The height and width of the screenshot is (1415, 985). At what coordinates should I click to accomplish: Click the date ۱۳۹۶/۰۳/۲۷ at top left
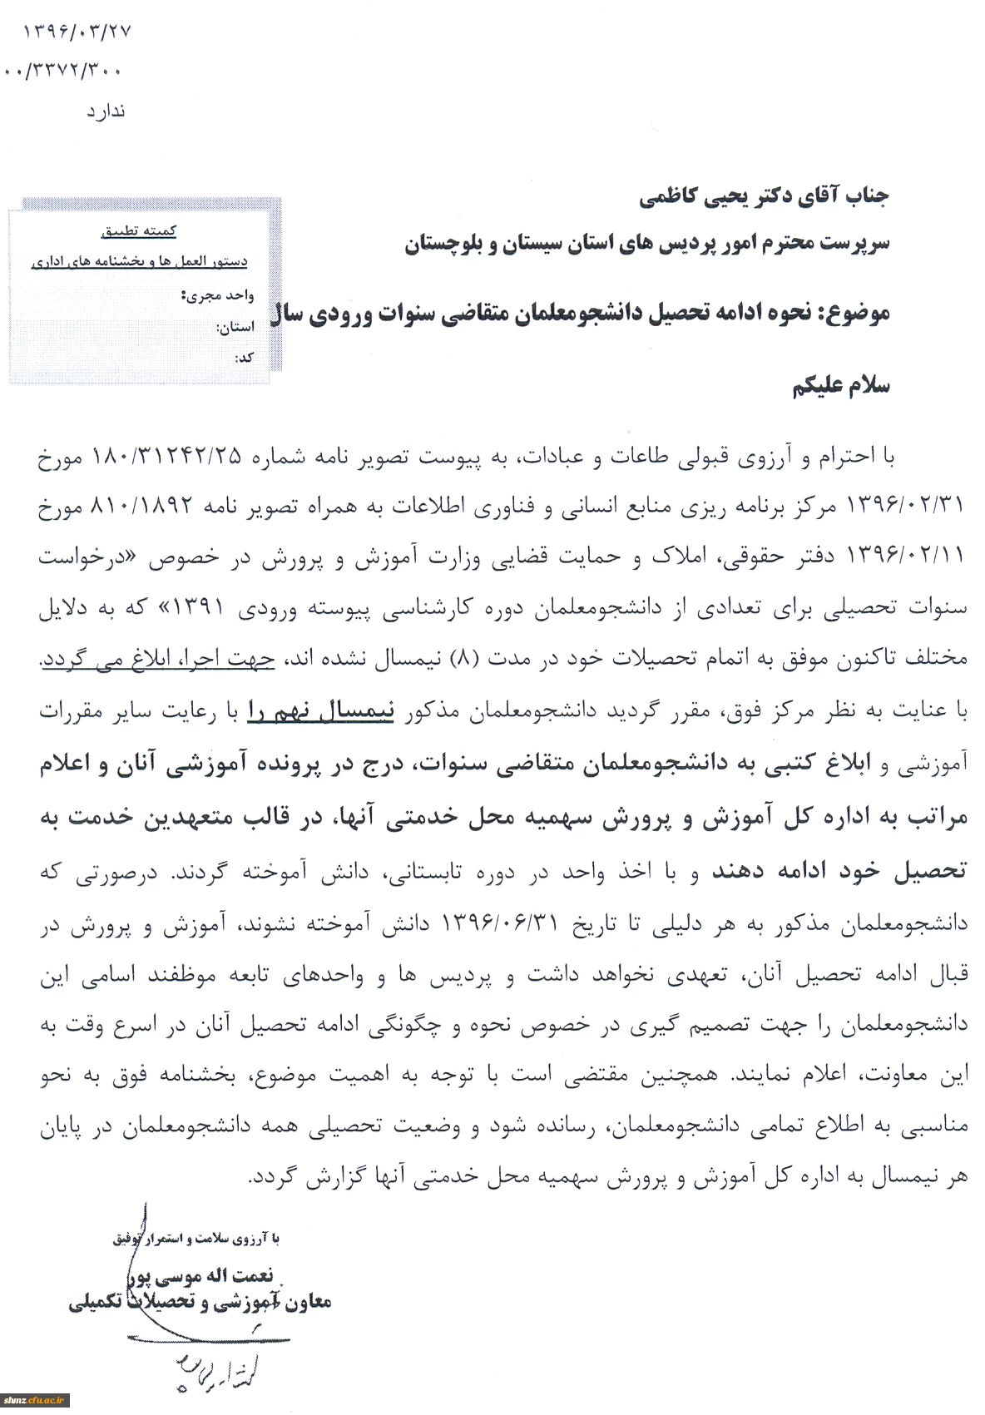[77, 32]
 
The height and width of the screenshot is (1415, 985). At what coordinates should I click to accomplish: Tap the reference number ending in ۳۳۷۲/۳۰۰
[65, 72]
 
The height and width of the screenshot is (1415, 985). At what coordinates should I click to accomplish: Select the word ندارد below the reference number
[106, 111]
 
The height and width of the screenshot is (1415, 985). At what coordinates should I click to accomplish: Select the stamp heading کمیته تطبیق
[138, 231]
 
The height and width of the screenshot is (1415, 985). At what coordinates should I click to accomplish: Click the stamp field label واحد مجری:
[217, 295]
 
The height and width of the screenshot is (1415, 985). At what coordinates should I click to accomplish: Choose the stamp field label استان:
[235, 327]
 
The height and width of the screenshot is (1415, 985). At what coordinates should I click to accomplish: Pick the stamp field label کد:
[244, 358]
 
